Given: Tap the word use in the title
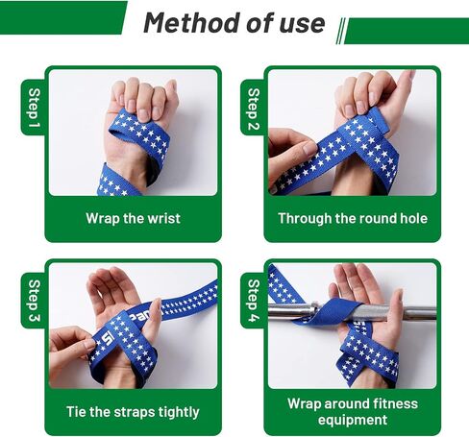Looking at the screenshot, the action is click(x=302, y=24).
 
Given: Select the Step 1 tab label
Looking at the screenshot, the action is click(x=34, y=108).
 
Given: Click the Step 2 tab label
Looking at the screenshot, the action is click(x=254, y=109).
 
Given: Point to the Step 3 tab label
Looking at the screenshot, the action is click(x=34, y=301).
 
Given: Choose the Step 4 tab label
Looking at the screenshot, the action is click(x=254, y=301).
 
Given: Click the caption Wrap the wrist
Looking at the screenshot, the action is click(x=133, y=219).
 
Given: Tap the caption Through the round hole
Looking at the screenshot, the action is click(x=353, y=219).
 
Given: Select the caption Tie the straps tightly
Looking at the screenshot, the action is click(x=133, y=412).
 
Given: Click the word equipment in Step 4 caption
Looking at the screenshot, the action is click(x=353, y=420).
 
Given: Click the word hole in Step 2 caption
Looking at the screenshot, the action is click(x=414, y=218).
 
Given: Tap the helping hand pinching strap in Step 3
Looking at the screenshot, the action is click(x=70, y=348).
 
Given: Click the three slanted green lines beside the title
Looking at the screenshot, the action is click(x=341, y=31).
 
